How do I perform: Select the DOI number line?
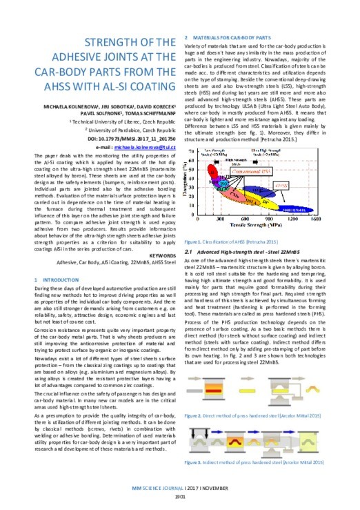(131, 139)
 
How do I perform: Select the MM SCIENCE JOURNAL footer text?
(156, 488)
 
